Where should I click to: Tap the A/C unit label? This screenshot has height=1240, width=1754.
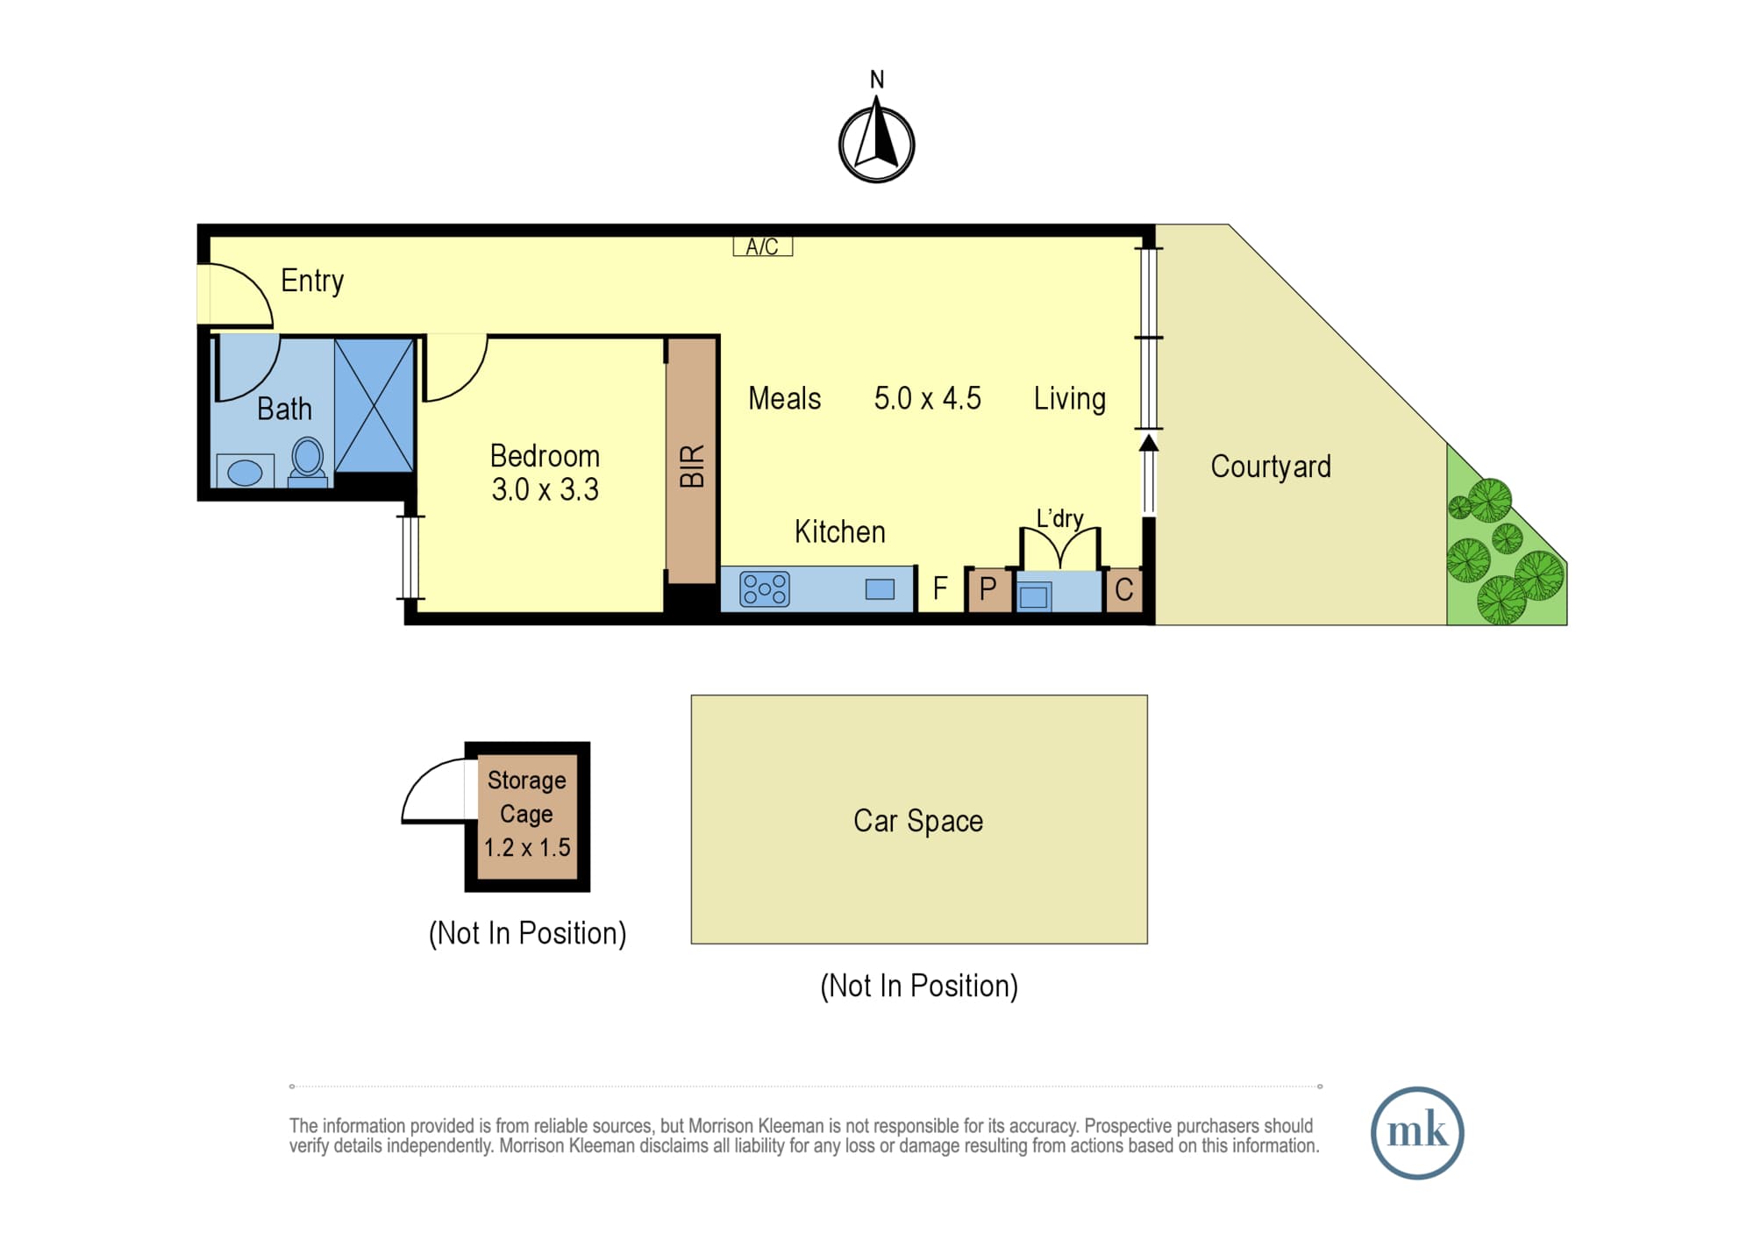[x=762, y=246]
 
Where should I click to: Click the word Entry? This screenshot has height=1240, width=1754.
[x=312, y=281]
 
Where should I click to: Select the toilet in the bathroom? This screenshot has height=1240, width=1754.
[x=308, y=461]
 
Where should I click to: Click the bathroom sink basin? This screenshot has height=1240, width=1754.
[x=245, y=472]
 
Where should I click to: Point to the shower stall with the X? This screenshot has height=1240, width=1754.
[x=374, y=405]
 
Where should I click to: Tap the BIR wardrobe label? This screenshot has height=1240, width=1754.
[x=692, y=466]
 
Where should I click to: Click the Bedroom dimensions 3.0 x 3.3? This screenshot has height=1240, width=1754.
[x=545, y=489]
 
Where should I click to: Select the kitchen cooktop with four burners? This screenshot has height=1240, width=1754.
[x=765, y=589]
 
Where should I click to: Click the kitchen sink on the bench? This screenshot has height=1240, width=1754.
[x=880, y=589]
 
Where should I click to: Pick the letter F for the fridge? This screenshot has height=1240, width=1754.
[x=940, y=588]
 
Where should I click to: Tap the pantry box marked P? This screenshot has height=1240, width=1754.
[x=988, y=589]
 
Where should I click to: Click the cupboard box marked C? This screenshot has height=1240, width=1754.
[x=1123, y=589]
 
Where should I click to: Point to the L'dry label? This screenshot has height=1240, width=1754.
[x=1059, y=518]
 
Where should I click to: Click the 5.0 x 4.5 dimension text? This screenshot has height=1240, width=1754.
[x=927, y=398]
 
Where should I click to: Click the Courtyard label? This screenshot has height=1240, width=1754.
[x=1271, y=467]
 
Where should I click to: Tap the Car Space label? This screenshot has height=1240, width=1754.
[x=918, y=821]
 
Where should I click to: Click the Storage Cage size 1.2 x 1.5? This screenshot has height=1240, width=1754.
[x=527, y=847]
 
